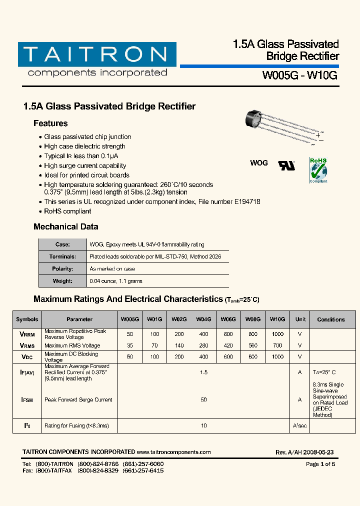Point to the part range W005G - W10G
(x=300, y=76)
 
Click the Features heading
(x=50, y=123)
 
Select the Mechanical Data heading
(x=65, y=226)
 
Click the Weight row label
(x=62, y=281)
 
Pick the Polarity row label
(x=62, y=269)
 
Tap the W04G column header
(x=203, y=319)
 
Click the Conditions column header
(x=330, y=319)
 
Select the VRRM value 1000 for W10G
(x=277, y=334)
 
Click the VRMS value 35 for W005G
(x=130, y=345)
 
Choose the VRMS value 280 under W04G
(x=203, y=345)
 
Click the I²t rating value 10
(x=203, y=426)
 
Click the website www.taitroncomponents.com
(x=173, y=452)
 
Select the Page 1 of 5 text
(x=320, y=464)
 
